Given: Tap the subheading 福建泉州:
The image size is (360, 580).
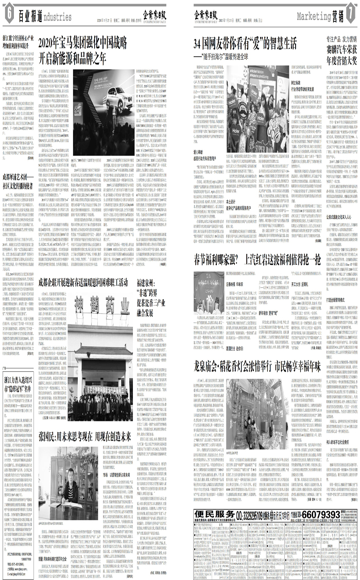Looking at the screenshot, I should [151, 282].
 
